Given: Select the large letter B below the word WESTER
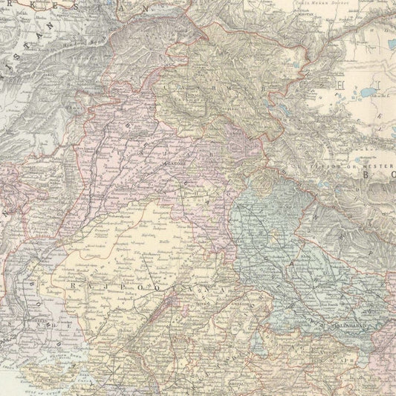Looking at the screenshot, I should tap(369, 178).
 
